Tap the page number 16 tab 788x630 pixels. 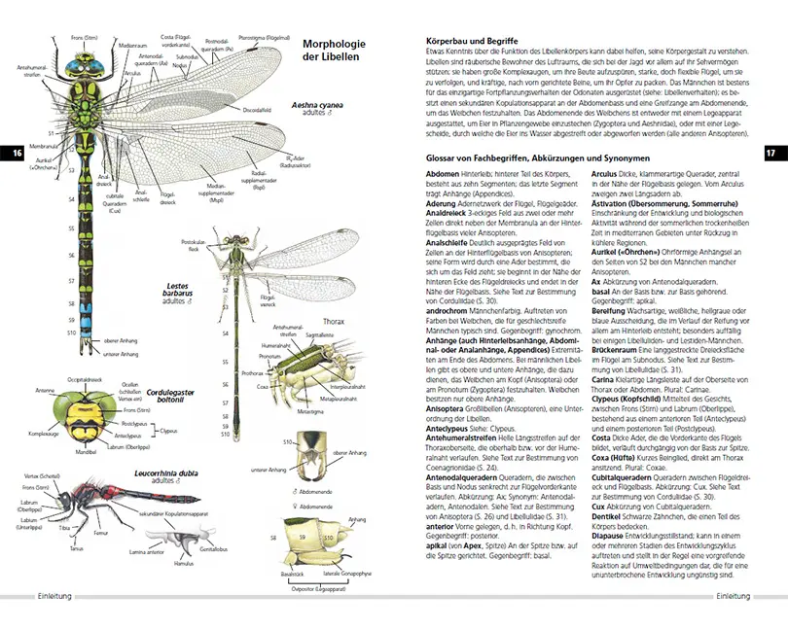pos(15,153)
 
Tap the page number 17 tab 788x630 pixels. pos(770,153)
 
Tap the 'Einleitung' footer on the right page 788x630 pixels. pos(732,595)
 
